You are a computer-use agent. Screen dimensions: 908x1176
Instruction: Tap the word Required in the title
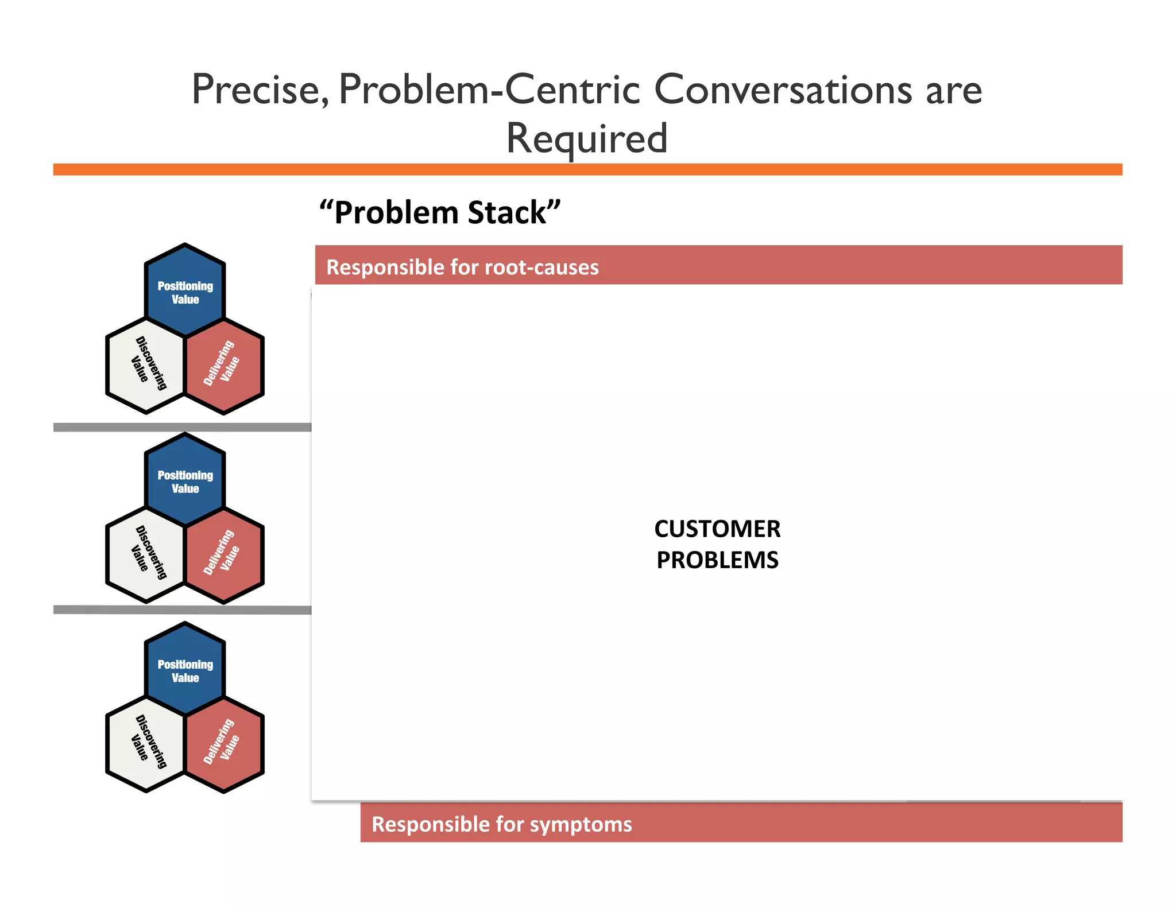point(587,139)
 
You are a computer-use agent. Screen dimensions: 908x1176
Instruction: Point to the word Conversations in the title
point(783,90)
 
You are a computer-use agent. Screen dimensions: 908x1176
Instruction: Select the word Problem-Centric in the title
point(489,90)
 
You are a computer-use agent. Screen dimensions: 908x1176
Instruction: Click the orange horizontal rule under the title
point(587,169)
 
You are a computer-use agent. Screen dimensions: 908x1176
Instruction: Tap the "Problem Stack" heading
point(440,212)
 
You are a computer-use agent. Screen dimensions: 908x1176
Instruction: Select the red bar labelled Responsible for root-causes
point(718,265)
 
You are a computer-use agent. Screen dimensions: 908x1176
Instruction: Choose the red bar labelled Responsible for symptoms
point(741,822)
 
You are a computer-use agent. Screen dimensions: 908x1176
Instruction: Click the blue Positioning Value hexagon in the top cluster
point(185,291)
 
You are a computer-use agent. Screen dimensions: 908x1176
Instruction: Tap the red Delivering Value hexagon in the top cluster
point(224,366)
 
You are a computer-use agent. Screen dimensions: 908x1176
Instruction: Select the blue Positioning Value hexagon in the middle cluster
point(185,480)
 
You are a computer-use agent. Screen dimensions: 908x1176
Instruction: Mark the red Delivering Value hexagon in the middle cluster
point(224,555)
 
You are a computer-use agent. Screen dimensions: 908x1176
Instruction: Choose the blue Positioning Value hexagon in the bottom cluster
point(185,670)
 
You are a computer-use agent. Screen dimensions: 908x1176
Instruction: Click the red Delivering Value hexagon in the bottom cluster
point(224,744)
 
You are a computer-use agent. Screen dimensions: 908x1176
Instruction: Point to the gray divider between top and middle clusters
point(182,427)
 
